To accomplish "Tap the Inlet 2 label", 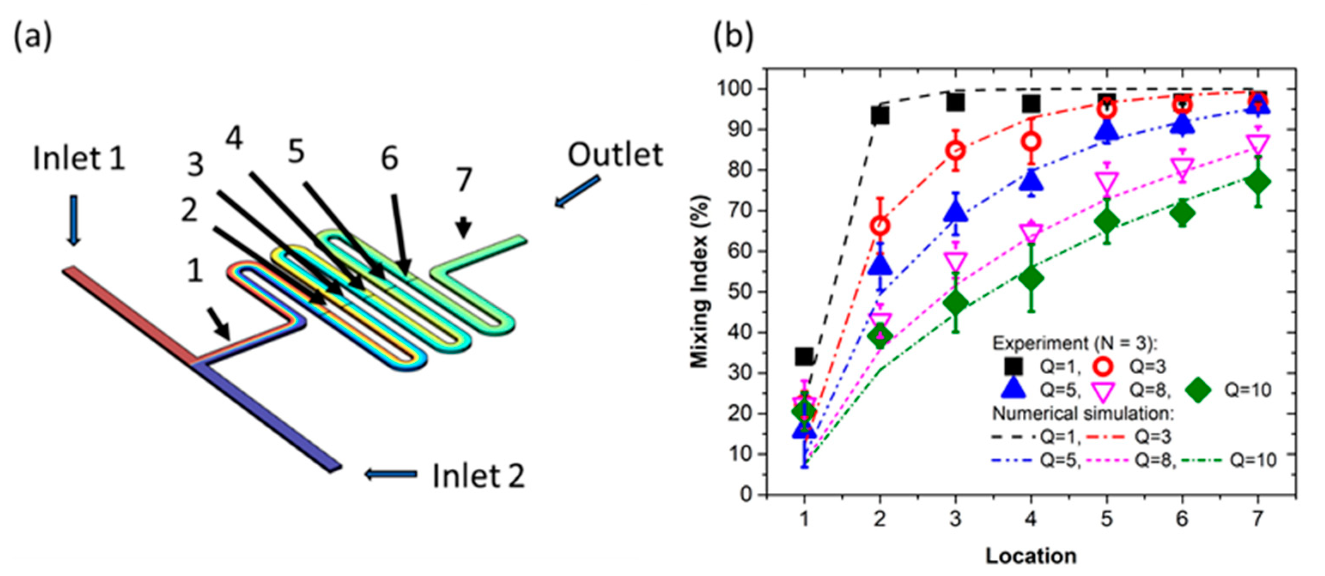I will point(478,476).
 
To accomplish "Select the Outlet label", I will point(615,155).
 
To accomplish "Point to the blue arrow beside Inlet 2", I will point(391,474).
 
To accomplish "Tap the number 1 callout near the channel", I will point(195,270).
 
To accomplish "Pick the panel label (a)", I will point(32,37).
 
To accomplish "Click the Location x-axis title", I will point(1031,556).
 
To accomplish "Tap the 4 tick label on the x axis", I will point(1031,519).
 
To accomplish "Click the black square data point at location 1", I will point(804,356).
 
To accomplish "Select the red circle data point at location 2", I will point(880,226).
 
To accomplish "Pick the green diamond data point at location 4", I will point(1031,278).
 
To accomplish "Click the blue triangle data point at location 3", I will point(956,211).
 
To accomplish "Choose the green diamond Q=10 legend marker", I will point(1198,389).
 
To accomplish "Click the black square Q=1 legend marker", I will point(1013,366).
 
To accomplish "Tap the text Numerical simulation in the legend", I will point(1083,413).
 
